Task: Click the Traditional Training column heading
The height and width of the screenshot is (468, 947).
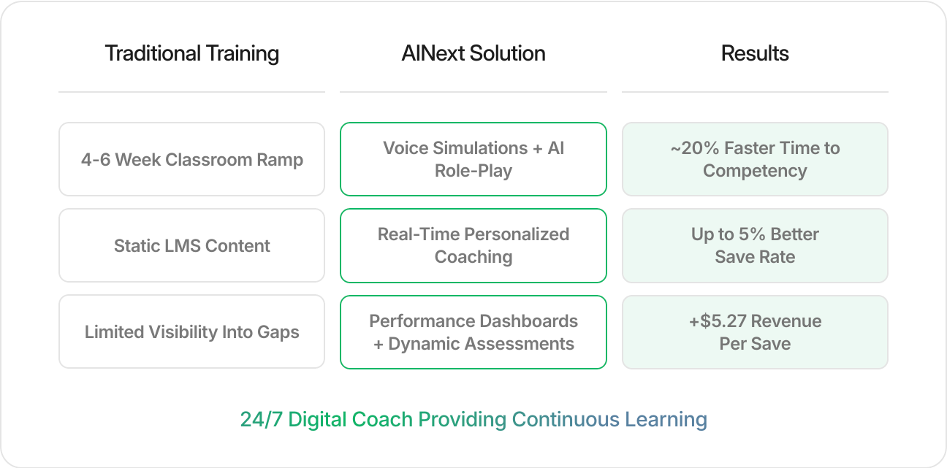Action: pyautogui.click(x=192, y=53)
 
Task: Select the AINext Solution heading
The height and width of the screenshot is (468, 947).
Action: pyautogui.click(x=473, y=53)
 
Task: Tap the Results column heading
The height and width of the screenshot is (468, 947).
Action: pyautogui.click(x=755, y=53)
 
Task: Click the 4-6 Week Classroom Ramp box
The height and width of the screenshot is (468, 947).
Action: pyautogui.click(x=192, y=159)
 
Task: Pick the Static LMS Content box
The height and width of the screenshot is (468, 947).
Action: pyautogui.click(x=192, y=245)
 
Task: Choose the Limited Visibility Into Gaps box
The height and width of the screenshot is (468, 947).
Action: pyautogui.click(x=192, y=331)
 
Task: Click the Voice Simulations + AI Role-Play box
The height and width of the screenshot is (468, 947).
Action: pyautogui.click(x=473, y=159)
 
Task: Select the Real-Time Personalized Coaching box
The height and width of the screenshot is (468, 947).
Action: pyautogui.click(x=473, y=245)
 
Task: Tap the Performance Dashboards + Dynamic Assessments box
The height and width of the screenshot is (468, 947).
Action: pyautogui.click(x=473, y=332)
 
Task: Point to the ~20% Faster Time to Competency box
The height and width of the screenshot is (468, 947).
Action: pyautogui.click(x=755, y=159)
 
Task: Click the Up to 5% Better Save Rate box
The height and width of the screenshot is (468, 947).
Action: pyautogui.click(x=755, y=245)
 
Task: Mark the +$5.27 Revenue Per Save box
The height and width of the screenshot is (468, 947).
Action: pyautogui.click(x=755, y=332)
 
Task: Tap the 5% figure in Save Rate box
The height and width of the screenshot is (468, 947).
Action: pyautogui.click(x=752, y=234)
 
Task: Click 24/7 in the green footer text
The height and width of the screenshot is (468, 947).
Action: pyautogui.click(x=262, y=419)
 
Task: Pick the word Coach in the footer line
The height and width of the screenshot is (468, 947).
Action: pyautogui.click(x=382, y=419)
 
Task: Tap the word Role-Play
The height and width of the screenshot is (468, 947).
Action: pyautogui.click(x=473, y=171)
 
